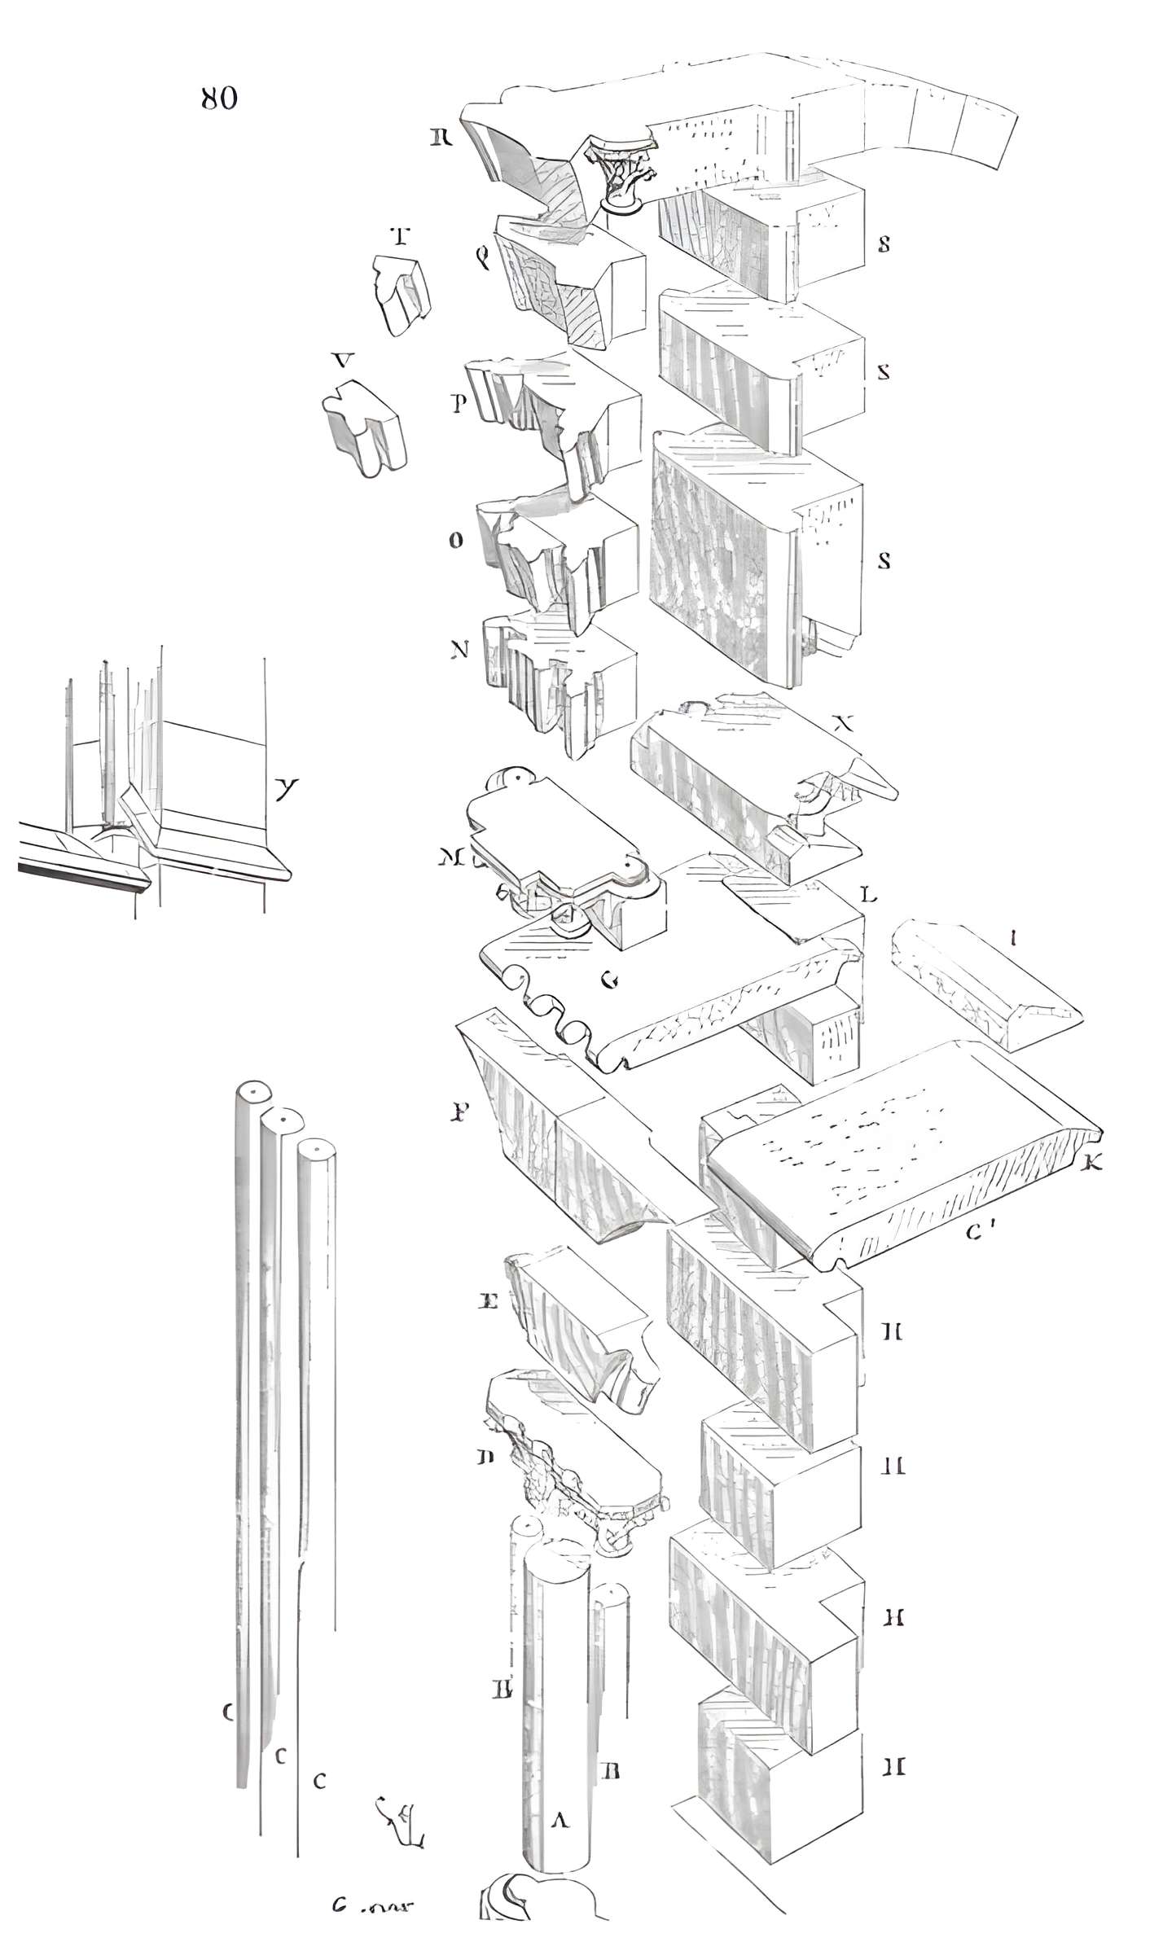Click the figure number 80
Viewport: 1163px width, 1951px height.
pyautogui.click(x=219, y=99)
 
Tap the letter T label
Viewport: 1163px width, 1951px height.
pyautogui.click(x=399, y=237)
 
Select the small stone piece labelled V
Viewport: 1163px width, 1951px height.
pyautogui.click(x=364, y=427)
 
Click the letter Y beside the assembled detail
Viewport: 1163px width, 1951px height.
pyautogui.click(x=285, y=787)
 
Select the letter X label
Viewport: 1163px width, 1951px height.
pyautogui.click(x=847, y=723)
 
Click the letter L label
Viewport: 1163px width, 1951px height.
pyautogui.click(x=869, y=896)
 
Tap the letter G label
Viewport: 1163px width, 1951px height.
pyautogui.click(x=608, y=980)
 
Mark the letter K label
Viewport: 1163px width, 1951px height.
pyautogui.click(x=1092, y=1164)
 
